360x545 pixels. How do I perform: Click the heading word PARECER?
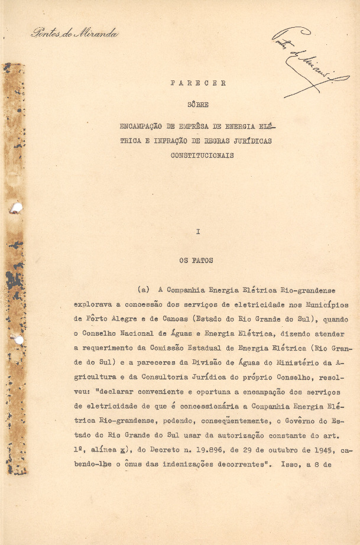pyautogui.click(x=198, y=83)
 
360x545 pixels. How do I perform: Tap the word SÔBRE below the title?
pyautogui.click(x=198, y=105)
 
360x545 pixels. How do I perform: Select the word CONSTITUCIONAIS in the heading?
pyautogui.click(x=202, y=155)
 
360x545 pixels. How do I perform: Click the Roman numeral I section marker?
pyautogui.click(x=198, y=232)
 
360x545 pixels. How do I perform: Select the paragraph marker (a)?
pyautogui.click(x=144, y=290)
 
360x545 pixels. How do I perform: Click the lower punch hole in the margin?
pyautogui.click(x=18, y=340)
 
